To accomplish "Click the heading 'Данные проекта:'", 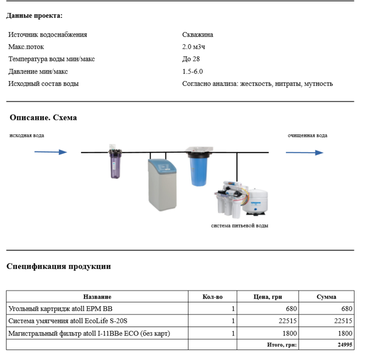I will [x=34, y=16].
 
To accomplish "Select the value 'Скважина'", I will [x=198, y=35].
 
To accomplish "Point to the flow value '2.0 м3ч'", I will [x=194, y=47].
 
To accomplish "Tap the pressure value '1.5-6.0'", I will [x=192, y=72].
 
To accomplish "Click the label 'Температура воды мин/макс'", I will [x=51, y=59].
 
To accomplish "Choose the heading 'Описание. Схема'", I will [x=43, y=118].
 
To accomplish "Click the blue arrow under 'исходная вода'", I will [x=50, y=152].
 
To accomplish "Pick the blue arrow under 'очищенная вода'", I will [x=304, y=153].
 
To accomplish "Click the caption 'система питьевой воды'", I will [x=239, y=226].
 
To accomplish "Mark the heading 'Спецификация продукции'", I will [x=59, y=266].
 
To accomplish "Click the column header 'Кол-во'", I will [x=213, y=297].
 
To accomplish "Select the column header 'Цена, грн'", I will [x=268, y=297].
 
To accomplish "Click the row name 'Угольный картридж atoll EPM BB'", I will [x=60, y=309].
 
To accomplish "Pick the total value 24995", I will [x=345, y=345].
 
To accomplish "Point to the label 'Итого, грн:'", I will [x=282, y=345].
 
